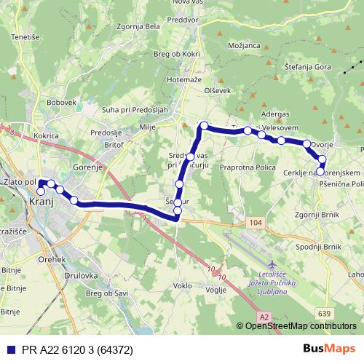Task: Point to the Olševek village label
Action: coord(218,91)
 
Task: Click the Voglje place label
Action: coord(216,289)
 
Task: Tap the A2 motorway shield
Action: coord(264,316)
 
